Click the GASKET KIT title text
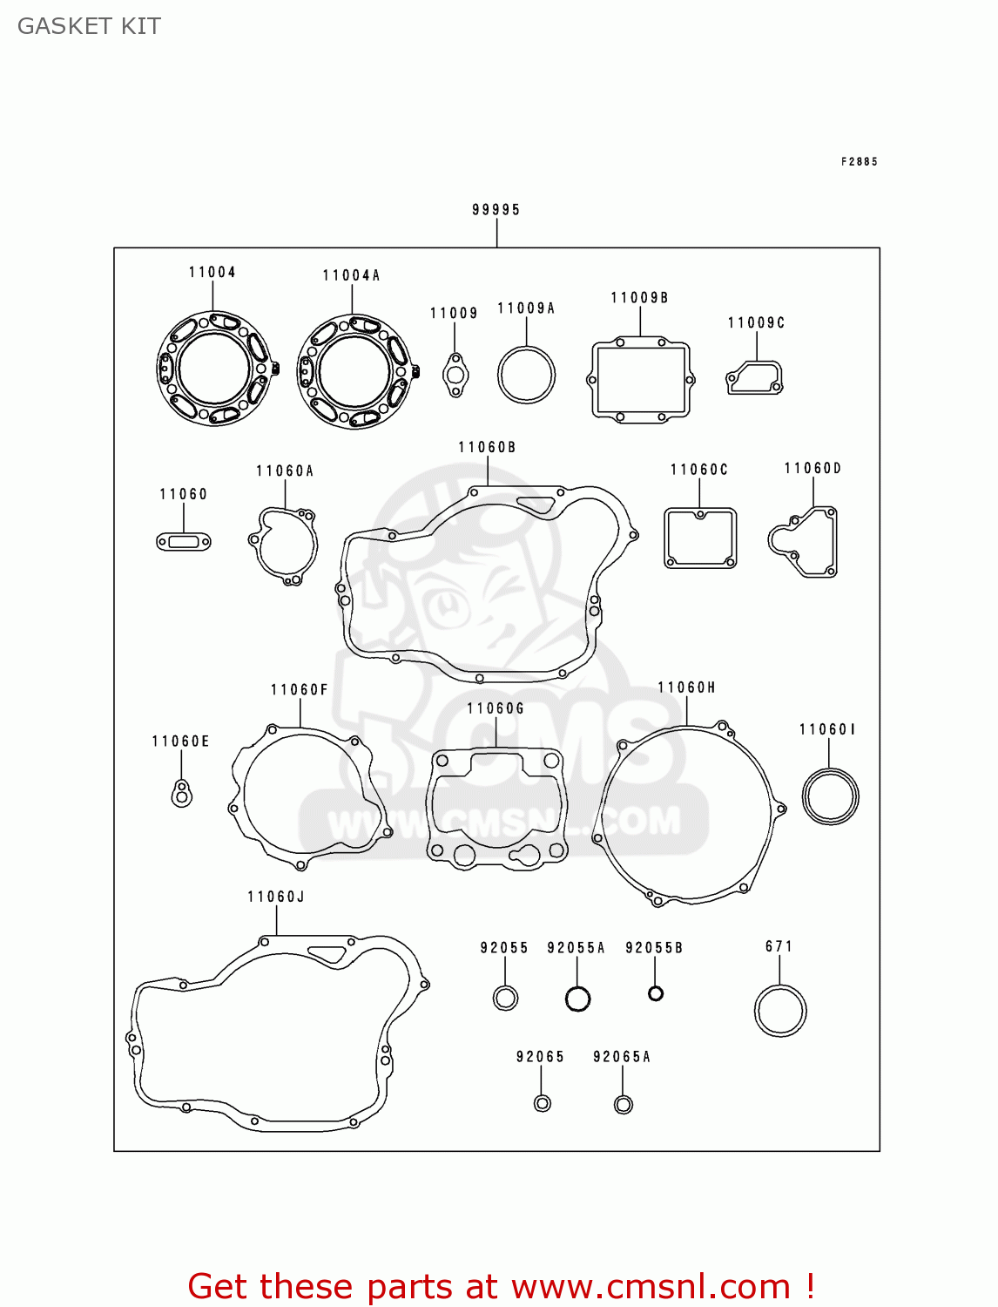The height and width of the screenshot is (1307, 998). pos(89,26)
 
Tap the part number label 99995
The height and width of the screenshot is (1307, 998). pos(496,209)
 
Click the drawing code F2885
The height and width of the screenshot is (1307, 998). pos(859,161)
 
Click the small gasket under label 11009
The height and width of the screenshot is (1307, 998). pos(455,376)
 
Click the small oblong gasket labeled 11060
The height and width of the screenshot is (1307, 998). pos(184,542)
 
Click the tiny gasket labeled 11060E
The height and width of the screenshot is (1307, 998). pos(181,794)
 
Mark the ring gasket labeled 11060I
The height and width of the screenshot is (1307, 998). pos(830,796)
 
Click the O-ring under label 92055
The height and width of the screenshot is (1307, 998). pos(505,997)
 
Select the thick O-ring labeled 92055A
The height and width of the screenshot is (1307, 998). pos(577,999)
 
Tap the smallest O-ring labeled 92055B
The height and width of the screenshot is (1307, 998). pos(656,993)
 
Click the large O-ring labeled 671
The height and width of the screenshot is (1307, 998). pos(780,1011)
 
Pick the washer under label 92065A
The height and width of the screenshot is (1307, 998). pos(623,1105)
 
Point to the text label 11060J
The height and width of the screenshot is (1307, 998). pos(275,897)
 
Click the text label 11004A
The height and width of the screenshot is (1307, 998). pos(351,275)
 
